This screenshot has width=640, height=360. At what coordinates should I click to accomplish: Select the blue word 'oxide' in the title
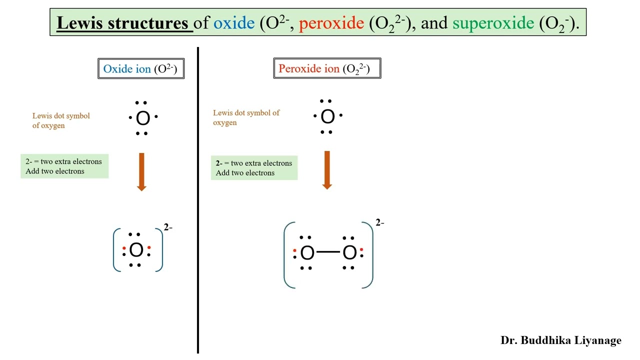(x=233, y=23)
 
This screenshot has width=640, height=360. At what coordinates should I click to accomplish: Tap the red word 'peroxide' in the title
(x=331, y=23)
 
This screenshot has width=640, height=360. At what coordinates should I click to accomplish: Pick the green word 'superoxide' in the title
(x=492, y=23)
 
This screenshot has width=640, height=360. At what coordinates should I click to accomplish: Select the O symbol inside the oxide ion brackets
(x=136, y=250)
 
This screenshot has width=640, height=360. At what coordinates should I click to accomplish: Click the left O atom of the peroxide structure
(x=307, y=253)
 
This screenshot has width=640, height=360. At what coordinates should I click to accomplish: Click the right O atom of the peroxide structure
(x=349, y=253)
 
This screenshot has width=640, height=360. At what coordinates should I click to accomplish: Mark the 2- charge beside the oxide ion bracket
(x=168, y=228)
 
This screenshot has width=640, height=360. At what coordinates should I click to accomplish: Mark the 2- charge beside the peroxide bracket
(x=380, y=223)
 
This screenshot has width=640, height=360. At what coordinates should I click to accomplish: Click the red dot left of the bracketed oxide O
(x=124, y=248)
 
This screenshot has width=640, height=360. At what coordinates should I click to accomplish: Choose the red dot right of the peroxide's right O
(x=361, y=249)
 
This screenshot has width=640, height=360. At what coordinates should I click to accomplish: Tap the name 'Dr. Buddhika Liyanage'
(x=560, y=340)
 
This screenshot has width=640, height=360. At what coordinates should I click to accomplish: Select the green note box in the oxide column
(x=64, y=166)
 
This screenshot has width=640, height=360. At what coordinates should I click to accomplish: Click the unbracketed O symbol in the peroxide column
(x=327, y=117)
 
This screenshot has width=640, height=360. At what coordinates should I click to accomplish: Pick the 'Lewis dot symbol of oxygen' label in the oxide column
(x=61, y=120)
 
